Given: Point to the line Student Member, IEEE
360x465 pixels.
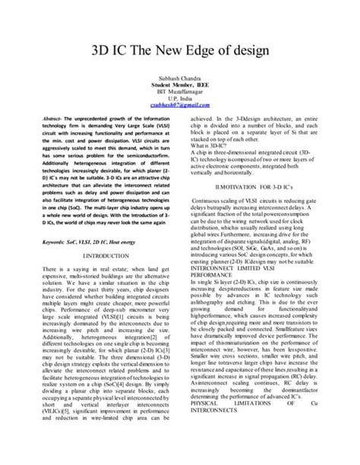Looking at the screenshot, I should click(180, 86).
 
